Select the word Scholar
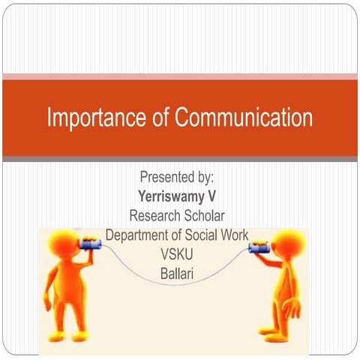click(x=204, y=215)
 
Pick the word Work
click(x=235, y=235)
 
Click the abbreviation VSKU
click(x=177, y=254)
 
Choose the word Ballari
click(x=177, y=274)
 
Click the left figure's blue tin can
click(x=89, y=244)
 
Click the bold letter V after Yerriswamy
click(x=211, y=196)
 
